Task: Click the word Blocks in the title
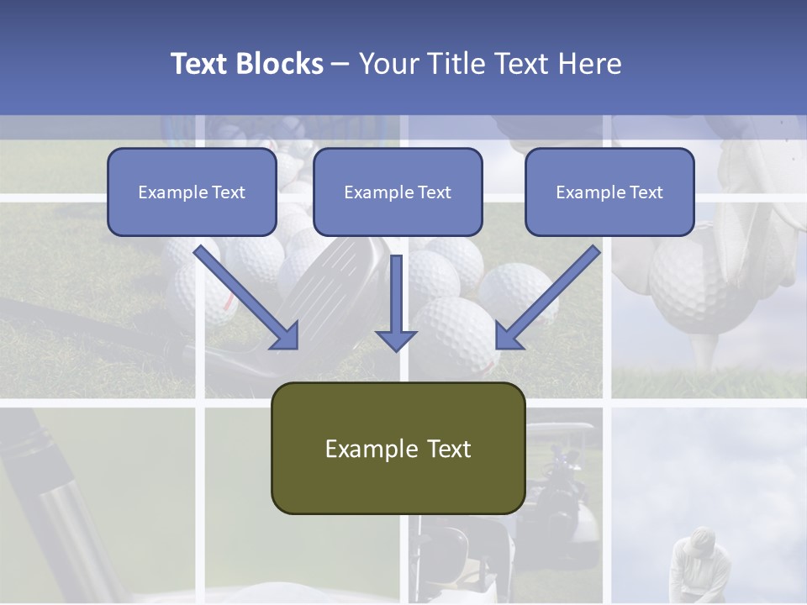point(280,64)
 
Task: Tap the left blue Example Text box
point(192,192)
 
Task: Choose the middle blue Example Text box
point(398,192)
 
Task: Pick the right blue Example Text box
point(609,192)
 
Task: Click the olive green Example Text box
point(398,449)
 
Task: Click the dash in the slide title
point(340,64)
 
